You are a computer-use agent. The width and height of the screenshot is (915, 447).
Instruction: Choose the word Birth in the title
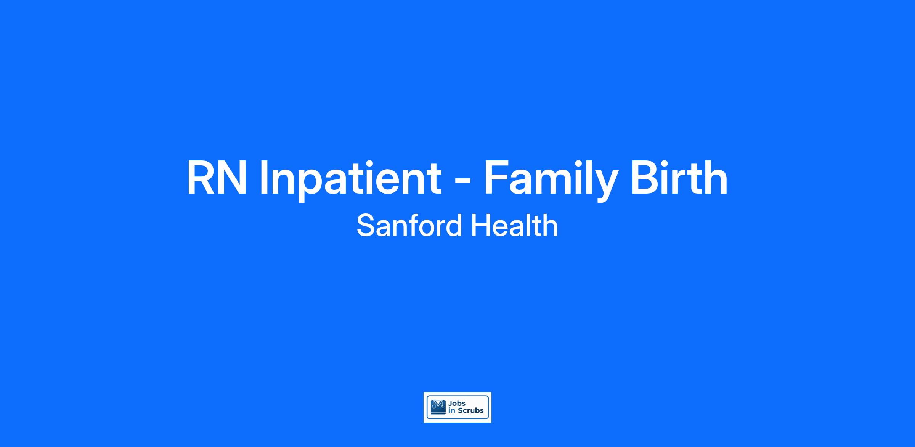[679, 178]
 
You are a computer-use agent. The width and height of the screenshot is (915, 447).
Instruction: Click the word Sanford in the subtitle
[409, 226]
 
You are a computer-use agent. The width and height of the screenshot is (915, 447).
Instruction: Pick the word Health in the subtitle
[514, 226]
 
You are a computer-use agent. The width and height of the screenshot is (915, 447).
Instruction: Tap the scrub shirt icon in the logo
[438, 407]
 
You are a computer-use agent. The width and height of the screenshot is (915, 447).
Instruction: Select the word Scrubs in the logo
[470, 410]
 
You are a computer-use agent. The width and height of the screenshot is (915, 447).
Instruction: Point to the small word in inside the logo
[452, 410]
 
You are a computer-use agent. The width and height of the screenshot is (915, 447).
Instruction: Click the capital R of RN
[201, 178]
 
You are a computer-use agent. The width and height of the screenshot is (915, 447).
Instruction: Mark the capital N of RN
[233, 178]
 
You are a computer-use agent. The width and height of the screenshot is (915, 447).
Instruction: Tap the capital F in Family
[496, 178]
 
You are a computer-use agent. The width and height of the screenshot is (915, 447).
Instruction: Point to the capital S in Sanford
[366, 226]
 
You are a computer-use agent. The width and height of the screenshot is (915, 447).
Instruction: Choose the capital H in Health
[481, 226]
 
